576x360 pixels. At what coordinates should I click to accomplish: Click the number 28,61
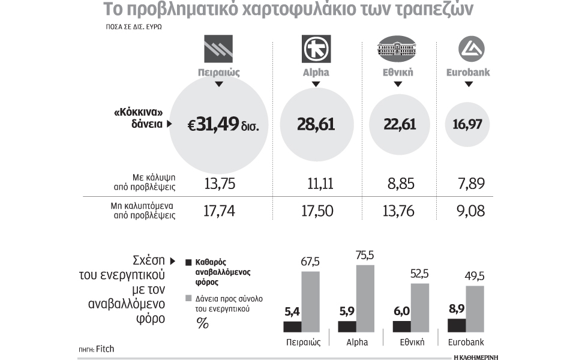(x=316, y=125)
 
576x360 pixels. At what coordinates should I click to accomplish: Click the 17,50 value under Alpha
(x=316, y=210)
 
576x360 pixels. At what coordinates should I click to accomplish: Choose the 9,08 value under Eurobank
(x=469, y=210)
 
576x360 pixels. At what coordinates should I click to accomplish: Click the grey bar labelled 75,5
(x=365, y=298)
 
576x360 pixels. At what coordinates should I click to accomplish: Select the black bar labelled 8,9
(x=457, y=325)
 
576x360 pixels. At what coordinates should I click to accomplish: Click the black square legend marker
(x=188, y=263)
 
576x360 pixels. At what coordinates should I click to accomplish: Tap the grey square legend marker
(x=188, y=298)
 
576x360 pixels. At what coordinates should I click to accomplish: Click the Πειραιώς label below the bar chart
(x=302, y=343)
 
